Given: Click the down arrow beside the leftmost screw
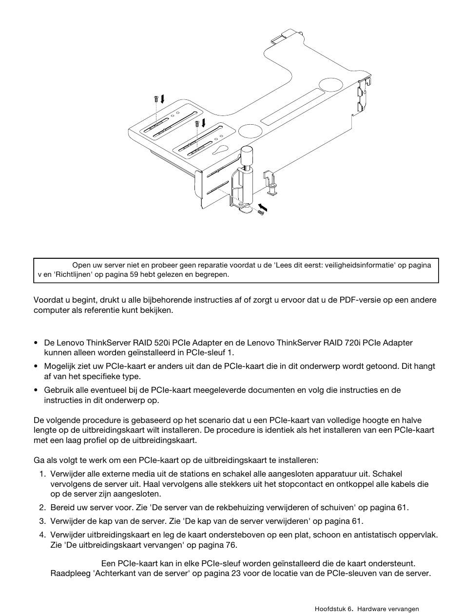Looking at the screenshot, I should pos(162,99).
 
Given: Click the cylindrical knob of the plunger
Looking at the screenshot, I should pos(248,156).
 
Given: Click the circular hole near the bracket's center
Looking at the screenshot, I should pos(250,131).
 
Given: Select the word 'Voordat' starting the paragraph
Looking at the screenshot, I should pos(47,300).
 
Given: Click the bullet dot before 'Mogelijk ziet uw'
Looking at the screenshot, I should pos(37,366).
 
